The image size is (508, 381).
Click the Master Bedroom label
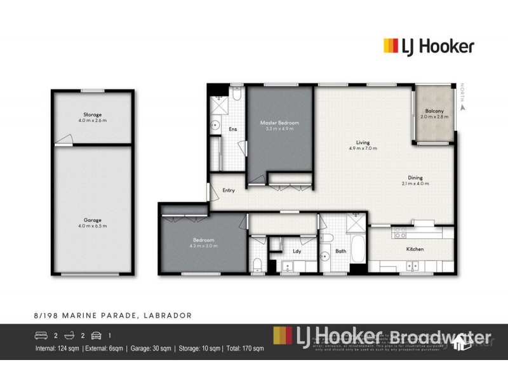pyautogui.click(x=279, y=122)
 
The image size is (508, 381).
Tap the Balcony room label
pyautogui.click(x=434, y=111)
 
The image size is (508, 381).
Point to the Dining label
pyautogui.click(x=416, y=177)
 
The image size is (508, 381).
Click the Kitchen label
pyautogui.click(x=415, y=249)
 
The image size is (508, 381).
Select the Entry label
pyautogui.click(x=229, y=190)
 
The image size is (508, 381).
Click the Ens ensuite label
pyautogui.click(x=232, y=129)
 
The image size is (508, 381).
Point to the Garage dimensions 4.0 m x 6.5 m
pyautogui.click(x=93, y=225)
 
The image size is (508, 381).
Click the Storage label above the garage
pyautogui.click(x=93, y=114)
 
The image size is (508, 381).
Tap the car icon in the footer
pyautogui.click(x=97, y=335)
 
